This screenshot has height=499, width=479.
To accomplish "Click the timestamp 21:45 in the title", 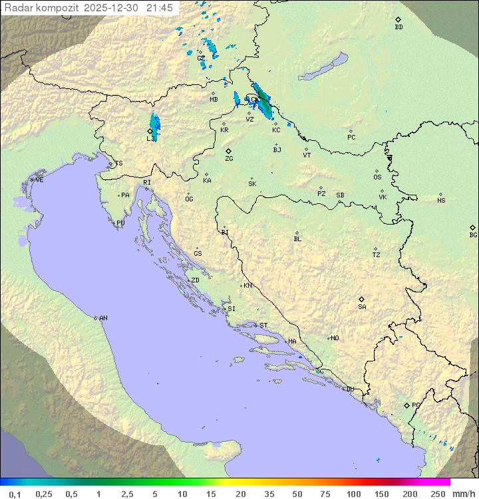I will pos(160,7).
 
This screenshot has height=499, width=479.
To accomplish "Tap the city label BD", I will pos(399,27).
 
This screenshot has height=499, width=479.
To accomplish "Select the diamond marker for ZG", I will pos(229,151).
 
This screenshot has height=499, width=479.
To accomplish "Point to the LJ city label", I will pos(150,139).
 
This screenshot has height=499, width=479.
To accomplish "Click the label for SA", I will pos(362,307).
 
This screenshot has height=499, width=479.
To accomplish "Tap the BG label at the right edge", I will pos(473,235).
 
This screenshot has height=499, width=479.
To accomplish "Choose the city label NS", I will pos(441,201).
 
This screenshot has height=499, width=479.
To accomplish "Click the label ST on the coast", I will pos(263,326).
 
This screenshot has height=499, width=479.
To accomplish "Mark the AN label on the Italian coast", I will pos(103,318).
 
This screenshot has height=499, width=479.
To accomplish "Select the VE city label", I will pos(39,180).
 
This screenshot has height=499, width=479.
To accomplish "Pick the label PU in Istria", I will pos(120,223).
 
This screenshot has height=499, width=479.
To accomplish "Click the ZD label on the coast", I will pos(195,280).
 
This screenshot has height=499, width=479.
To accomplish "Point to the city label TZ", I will pos(377,255).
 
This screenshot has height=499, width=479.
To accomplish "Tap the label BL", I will pos(297,239).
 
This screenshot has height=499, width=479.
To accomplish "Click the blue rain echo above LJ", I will pos(155,122).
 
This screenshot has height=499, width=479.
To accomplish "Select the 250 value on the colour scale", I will pos(437,494).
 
